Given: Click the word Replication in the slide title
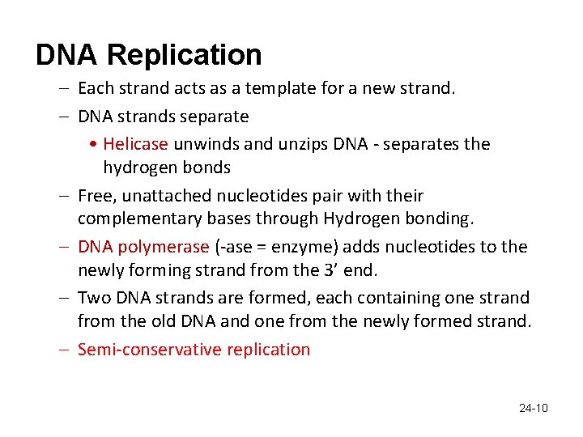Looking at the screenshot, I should pos(185,56).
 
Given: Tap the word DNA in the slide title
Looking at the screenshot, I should pos(67,56).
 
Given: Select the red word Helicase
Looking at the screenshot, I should pos(135,144).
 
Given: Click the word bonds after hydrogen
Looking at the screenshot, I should pos(210,168).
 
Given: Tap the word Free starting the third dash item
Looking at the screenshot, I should pos(93,196).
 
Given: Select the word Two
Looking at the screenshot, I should pos(93,298).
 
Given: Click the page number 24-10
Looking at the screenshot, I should pos(533,408).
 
